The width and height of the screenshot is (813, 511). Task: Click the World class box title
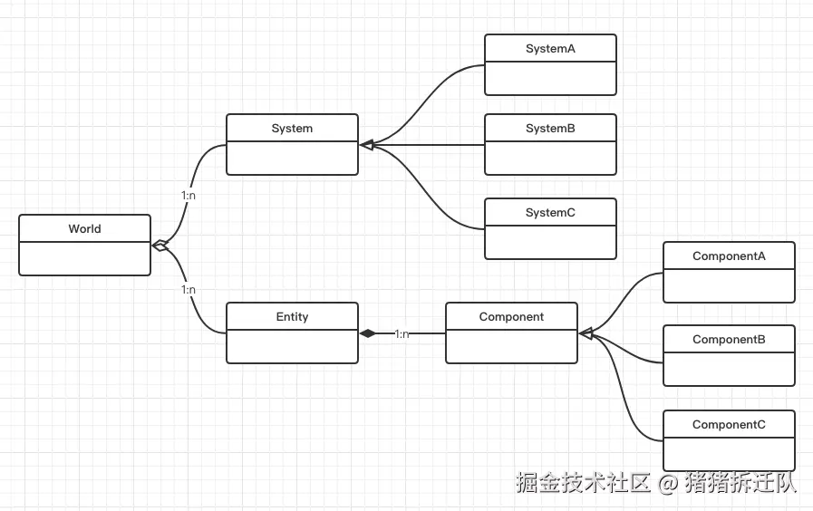(x=84, y=229)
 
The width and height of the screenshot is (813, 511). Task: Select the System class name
(x=292, y=129)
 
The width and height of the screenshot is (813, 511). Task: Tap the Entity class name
(x=292, y=317)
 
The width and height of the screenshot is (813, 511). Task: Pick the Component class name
(x=511, y=317)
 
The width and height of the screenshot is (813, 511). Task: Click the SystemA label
(x=550, y=49)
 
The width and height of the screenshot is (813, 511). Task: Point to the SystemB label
(x=550, y=129)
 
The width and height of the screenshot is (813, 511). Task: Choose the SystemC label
(x=550, y=213)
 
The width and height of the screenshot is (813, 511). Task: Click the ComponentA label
(x=729, y=256)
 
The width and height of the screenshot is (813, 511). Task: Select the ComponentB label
(x=729, y=340)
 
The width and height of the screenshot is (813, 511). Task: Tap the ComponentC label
(x=729, y=425)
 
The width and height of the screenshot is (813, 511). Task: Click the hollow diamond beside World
(x=160, y=245)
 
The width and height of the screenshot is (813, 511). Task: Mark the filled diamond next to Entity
(x=367, y=333)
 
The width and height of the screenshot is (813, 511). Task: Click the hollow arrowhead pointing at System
(x=366, y=145)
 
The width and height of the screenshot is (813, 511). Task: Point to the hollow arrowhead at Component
(x=586, y=334)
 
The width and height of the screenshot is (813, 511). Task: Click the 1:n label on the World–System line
(x=189, y=196)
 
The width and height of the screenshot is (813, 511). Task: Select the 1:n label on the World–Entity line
(x=189, y=290)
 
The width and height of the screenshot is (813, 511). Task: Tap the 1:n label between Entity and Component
(x=402, y=334)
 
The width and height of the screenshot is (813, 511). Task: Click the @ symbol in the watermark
(x=668, y=483)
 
